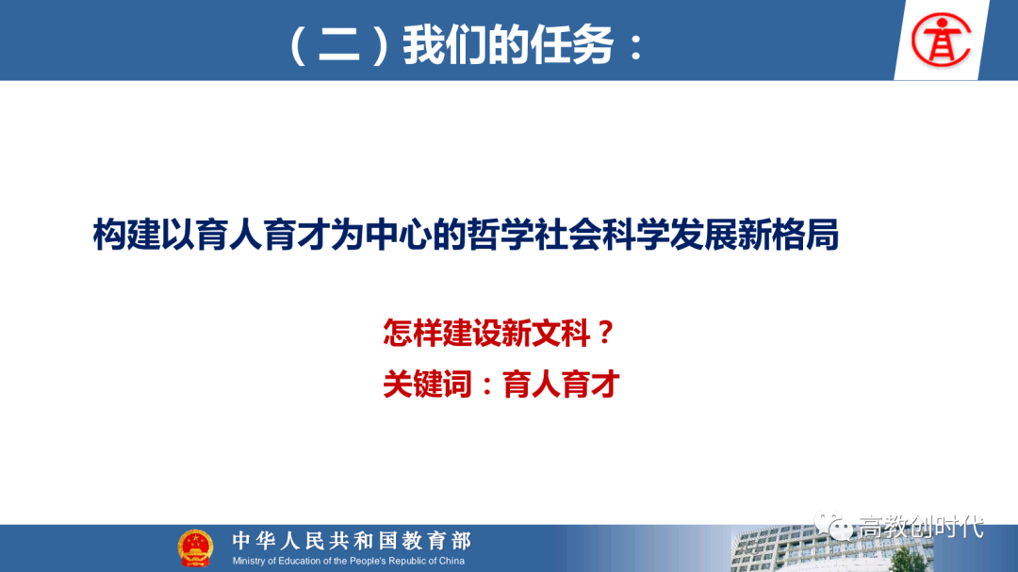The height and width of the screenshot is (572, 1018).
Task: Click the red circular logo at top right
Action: pyautogui.click(x=941, y=41)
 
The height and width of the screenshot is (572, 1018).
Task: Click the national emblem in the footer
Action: pyautogui.click(x=195, y=548)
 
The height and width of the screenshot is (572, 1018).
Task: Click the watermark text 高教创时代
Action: pyautogui.click(x=921, y=527)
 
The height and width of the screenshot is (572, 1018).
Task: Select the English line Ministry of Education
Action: pyautogui.click(x=349, y=561)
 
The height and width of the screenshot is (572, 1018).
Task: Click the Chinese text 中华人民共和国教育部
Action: pyautogui.click(x=352, y=540)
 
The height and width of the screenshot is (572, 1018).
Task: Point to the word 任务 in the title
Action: pyautogui.click(x=572, y=45)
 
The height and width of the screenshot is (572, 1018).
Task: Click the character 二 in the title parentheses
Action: pyautogui.click(x=339, y=46)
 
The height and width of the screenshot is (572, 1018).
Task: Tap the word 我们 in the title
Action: pyautogui.click(x=445, y=45)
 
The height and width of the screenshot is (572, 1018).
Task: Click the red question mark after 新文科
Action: pyautogui.click(x=606, y=333)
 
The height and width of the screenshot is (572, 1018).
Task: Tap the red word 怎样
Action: pyautogui.click(x=412, y=333)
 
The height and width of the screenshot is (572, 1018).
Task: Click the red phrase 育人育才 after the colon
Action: pyautogui.click(x=561, y=384)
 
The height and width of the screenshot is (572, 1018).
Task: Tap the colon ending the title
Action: pyautogui.click(x=635, y=47)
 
